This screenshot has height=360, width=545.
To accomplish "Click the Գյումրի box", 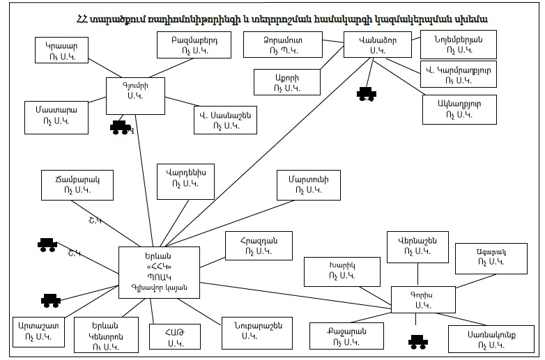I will [x=135, y=95].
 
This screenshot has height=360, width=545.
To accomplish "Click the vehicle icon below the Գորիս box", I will [x=417, y=341].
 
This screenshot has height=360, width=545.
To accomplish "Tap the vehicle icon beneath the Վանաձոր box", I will [x=366, y=93].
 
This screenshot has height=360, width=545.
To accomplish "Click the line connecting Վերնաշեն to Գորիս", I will [x=415, y=274].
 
